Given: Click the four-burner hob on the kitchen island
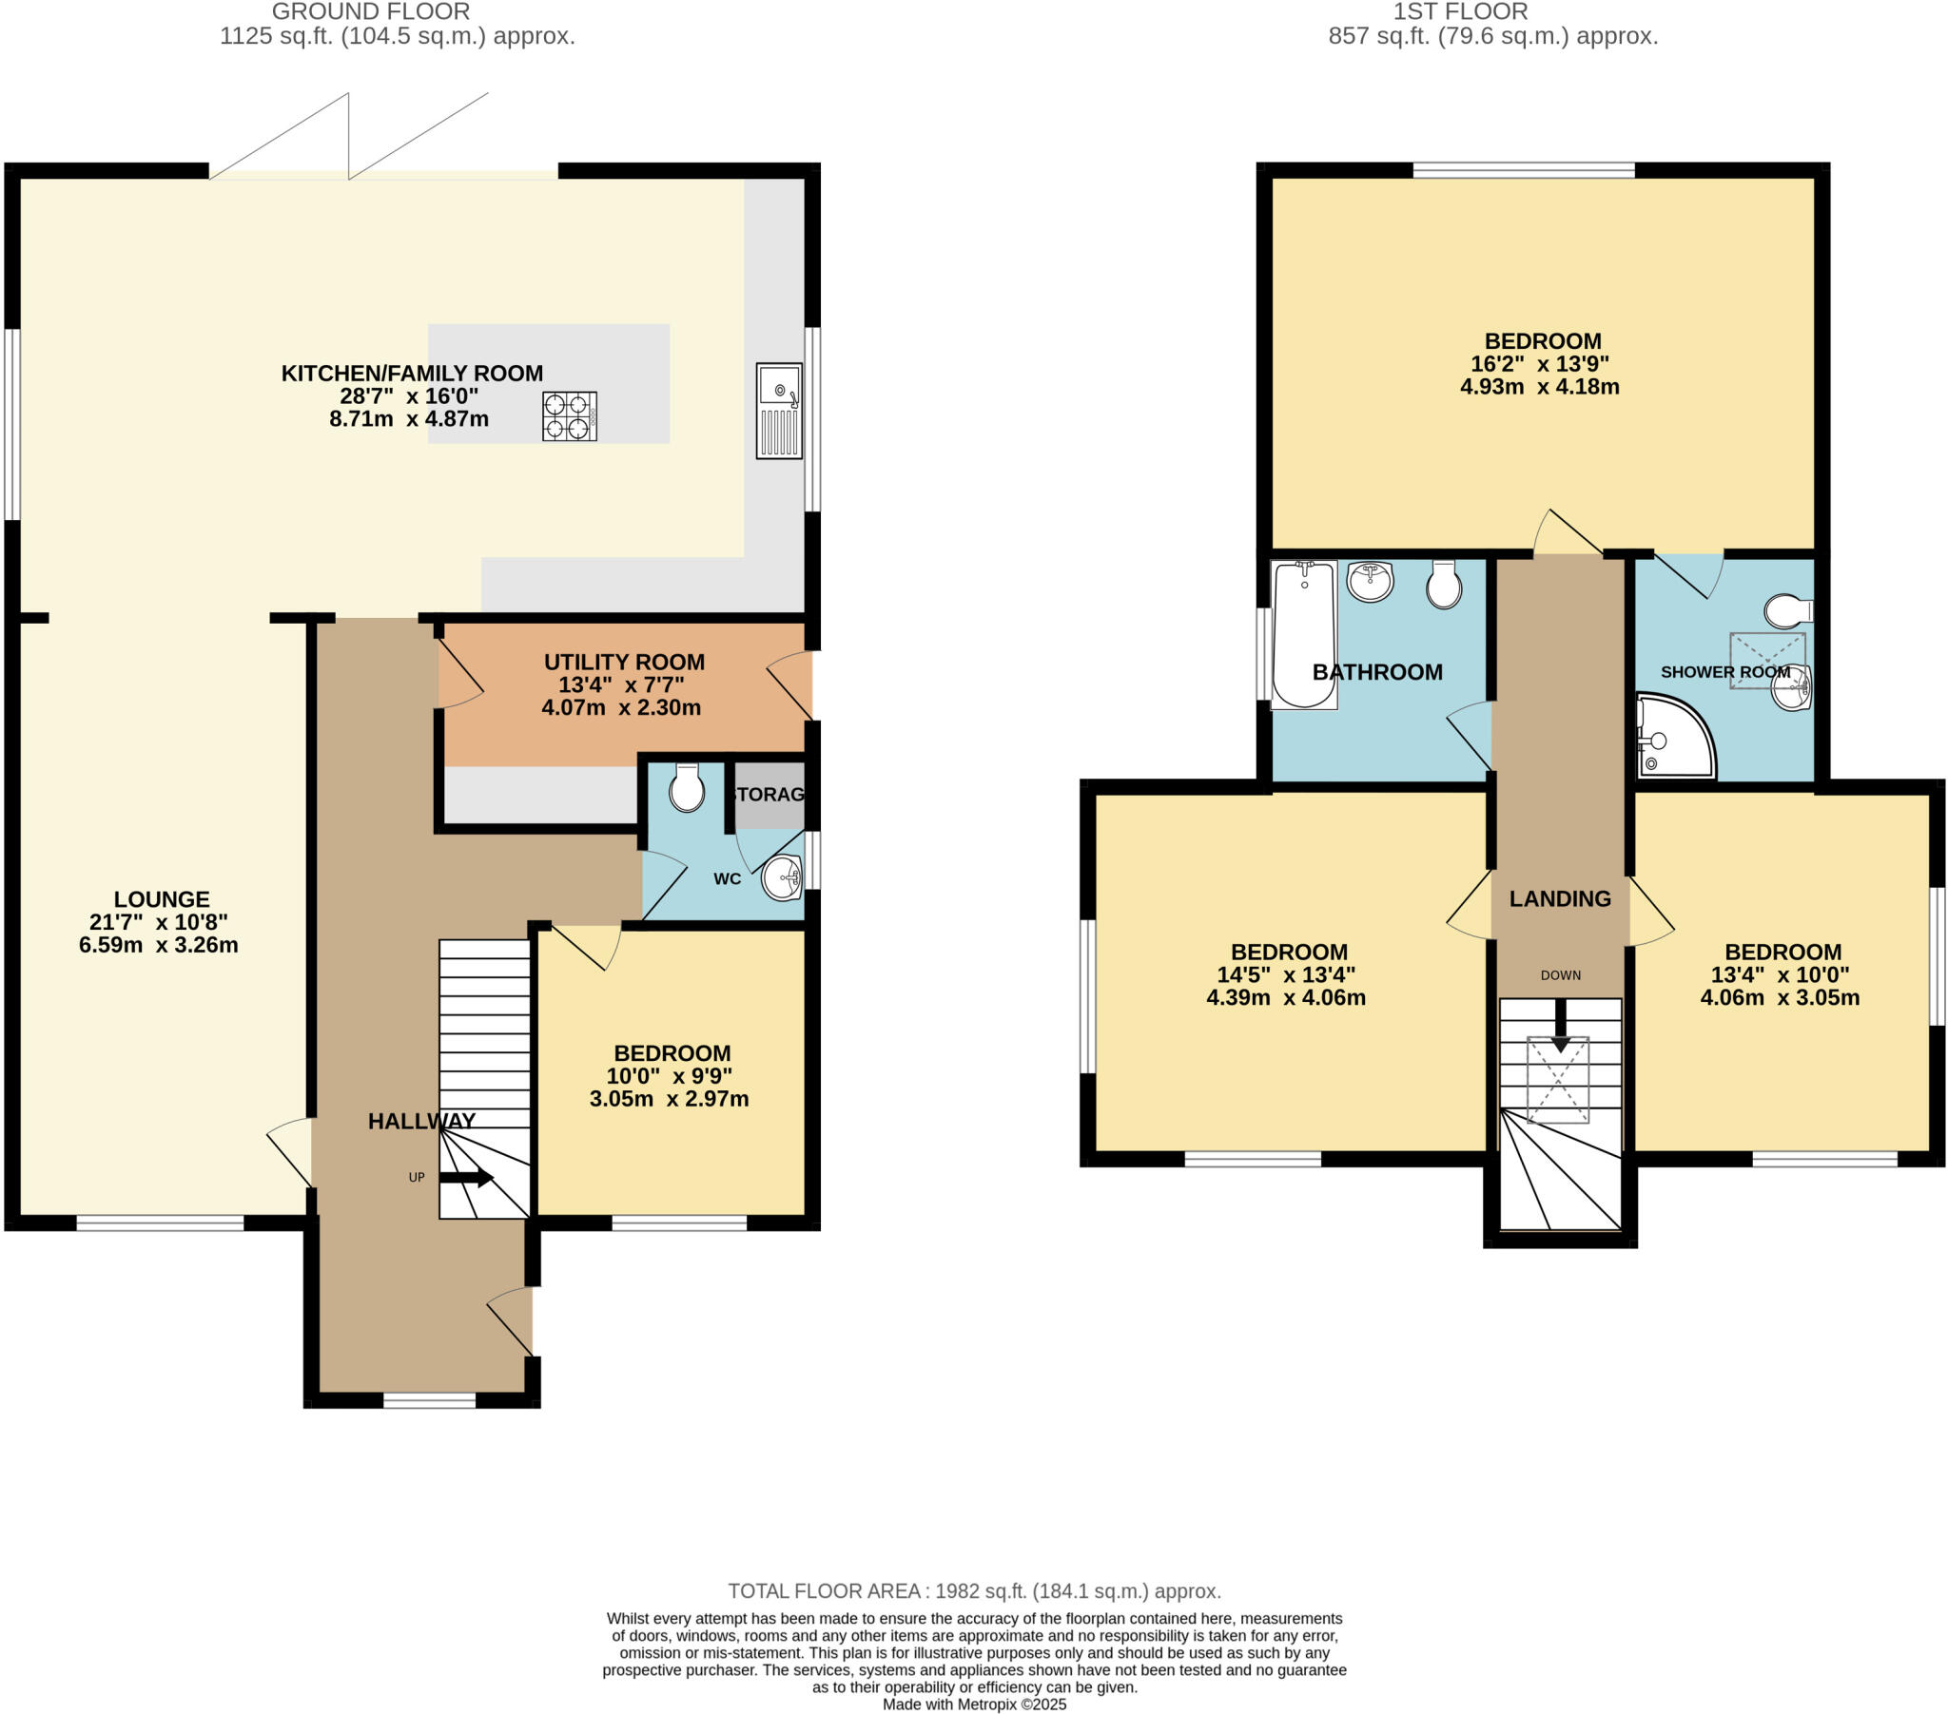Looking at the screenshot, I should pyautogui.click(x=569, y=416).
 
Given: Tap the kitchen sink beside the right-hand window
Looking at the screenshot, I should pyautogui.click(x=779, y=411).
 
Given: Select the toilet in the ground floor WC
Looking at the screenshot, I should pyautogui.click(x=686, y=788).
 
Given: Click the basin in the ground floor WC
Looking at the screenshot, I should pyautogui.click(x=783, y=876).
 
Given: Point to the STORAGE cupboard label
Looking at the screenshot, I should pyautogui.click(x=769, y=795).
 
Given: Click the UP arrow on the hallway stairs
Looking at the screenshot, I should pyautogui.click(x=466, y=1179).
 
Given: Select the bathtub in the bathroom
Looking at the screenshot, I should pyautogui.click(x=1304, y=633).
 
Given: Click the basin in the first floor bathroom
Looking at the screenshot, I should pyautogui.click(x=1371, y=581).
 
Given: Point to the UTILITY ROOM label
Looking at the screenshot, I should pyautogui.click(x=624, y=663).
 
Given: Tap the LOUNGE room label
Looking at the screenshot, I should pyautogui.click(x=161, y=899).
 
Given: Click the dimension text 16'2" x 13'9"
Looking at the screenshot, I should pyautogui.click(x=1539, y=364).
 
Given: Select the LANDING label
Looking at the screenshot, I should pyautogui.click(x=1560, y=898).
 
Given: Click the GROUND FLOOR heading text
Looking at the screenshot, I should pyautogui.click(x=371, y=11).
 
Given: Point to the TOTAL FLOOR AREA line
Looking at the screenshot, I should pyautogui.click(x=974, y=1591).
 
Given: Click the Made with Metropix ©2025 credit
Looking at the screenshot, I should pyautogui.click(x=974, y=1704).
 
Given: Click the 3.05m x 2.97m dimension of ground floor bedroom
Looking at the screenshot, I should pyautogui.click(x=669, y=1099).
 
